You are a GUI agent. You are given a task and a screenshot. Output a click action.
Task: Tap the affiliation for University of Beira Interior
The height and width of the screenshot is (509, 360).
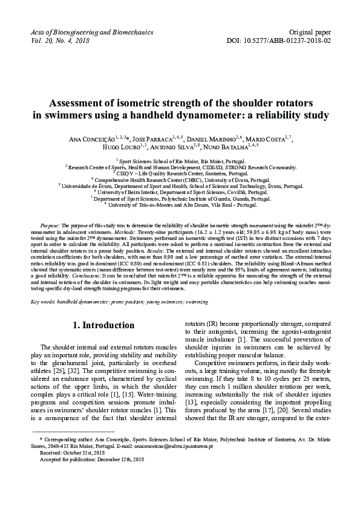tap(180, 192)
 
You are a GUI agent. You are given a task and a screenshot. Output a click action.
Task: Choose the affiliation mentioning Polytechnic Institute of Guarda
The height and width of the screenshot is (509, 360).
tap(180, 198)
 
